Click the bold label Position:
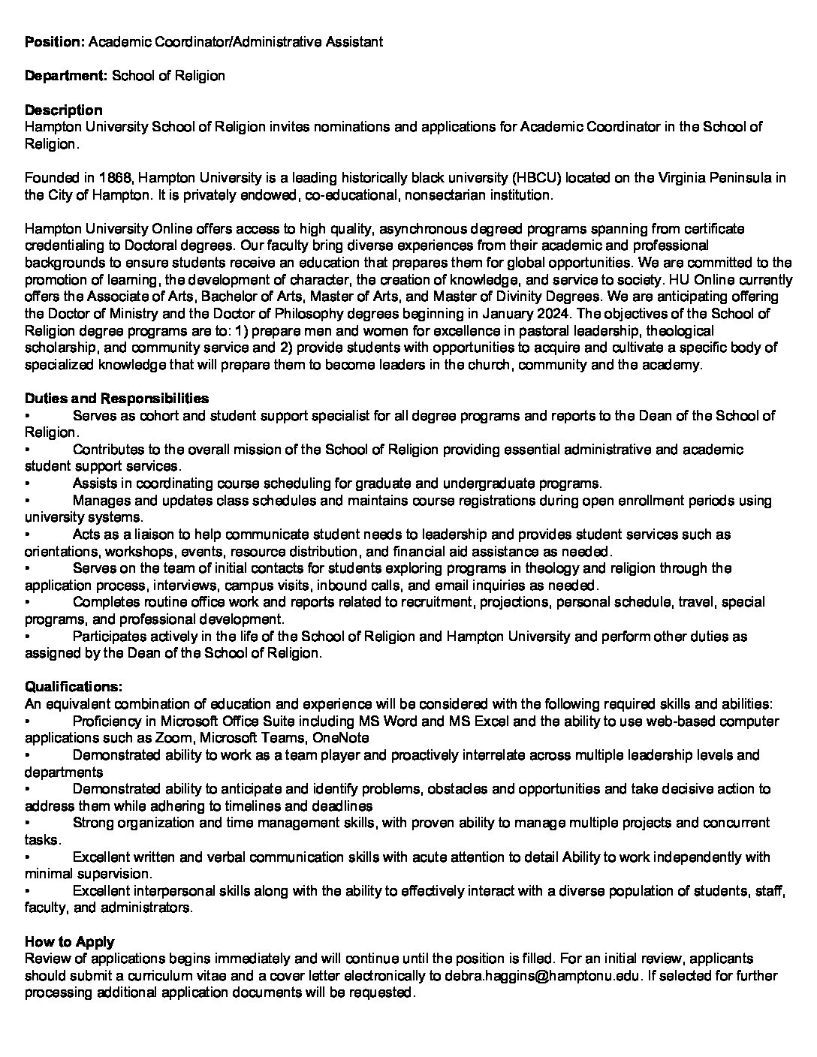pyautogui.click(x=55, y=42)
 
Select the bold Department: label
pyautogui.click(x=66, y=76)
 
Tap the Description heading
pyautogui.click(x=64, y=110)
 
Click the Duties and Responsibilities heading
pyautogui.click(x=117, y=399)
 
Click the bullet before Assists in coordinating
pyautogui.click(x=27, y=483)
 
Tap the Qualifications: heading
pyautogui.click(x=74, y=687)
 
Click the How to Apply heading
pyautogui.click(x=70, y=941)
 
